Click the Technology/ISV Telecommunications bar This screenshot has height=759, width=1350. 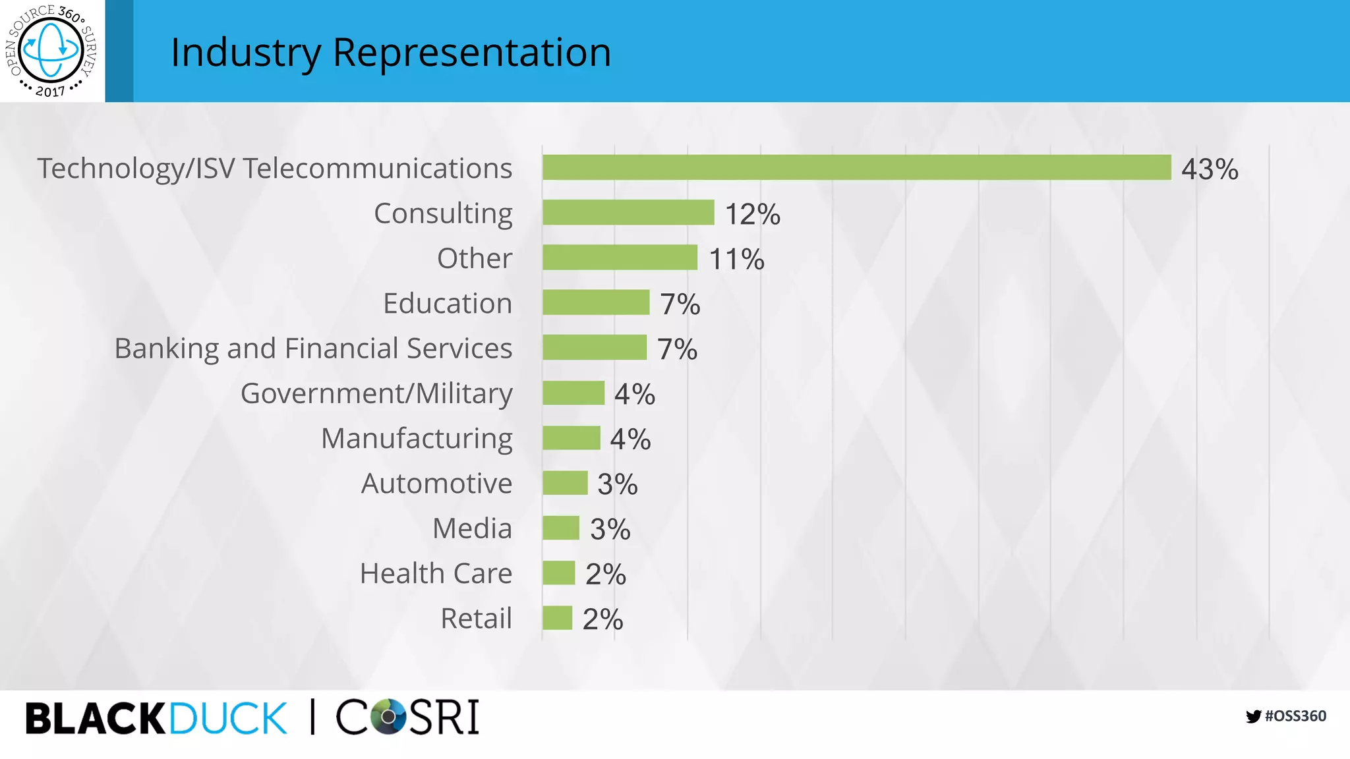856,167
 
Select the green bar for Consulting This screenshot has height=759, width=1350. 628,212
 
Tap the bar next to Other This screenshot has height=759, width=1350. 620,257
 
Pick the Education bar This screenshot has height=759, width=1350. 596,302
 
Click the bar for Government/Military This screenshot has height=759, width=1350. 573,393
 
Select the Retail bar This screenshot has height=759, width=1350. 557,618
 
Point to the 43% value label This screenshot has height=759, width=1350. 1209,169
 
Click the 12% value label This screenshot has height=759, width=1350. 752,214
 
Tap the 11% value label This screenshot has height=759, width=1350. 736,259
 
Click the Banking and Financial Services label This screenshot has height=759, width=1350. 313,348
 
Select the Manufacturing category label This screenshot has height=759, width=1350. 417,438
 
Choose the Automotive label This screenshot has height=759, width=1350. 436,483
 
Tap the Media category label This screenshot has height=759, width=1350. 472,528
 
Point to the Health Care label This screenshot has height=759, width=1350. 436,573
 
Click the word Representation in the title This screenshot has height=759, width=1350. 471,52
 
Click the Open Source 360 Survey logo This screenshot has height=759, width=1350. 51,51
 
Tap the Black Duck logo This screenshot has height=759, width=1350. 156,718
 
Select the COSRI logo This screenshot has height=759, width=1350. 407,717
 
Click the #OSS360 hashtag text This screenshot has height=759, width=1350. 1295,716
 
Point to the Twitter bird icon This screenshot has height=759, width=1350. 1253,717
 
